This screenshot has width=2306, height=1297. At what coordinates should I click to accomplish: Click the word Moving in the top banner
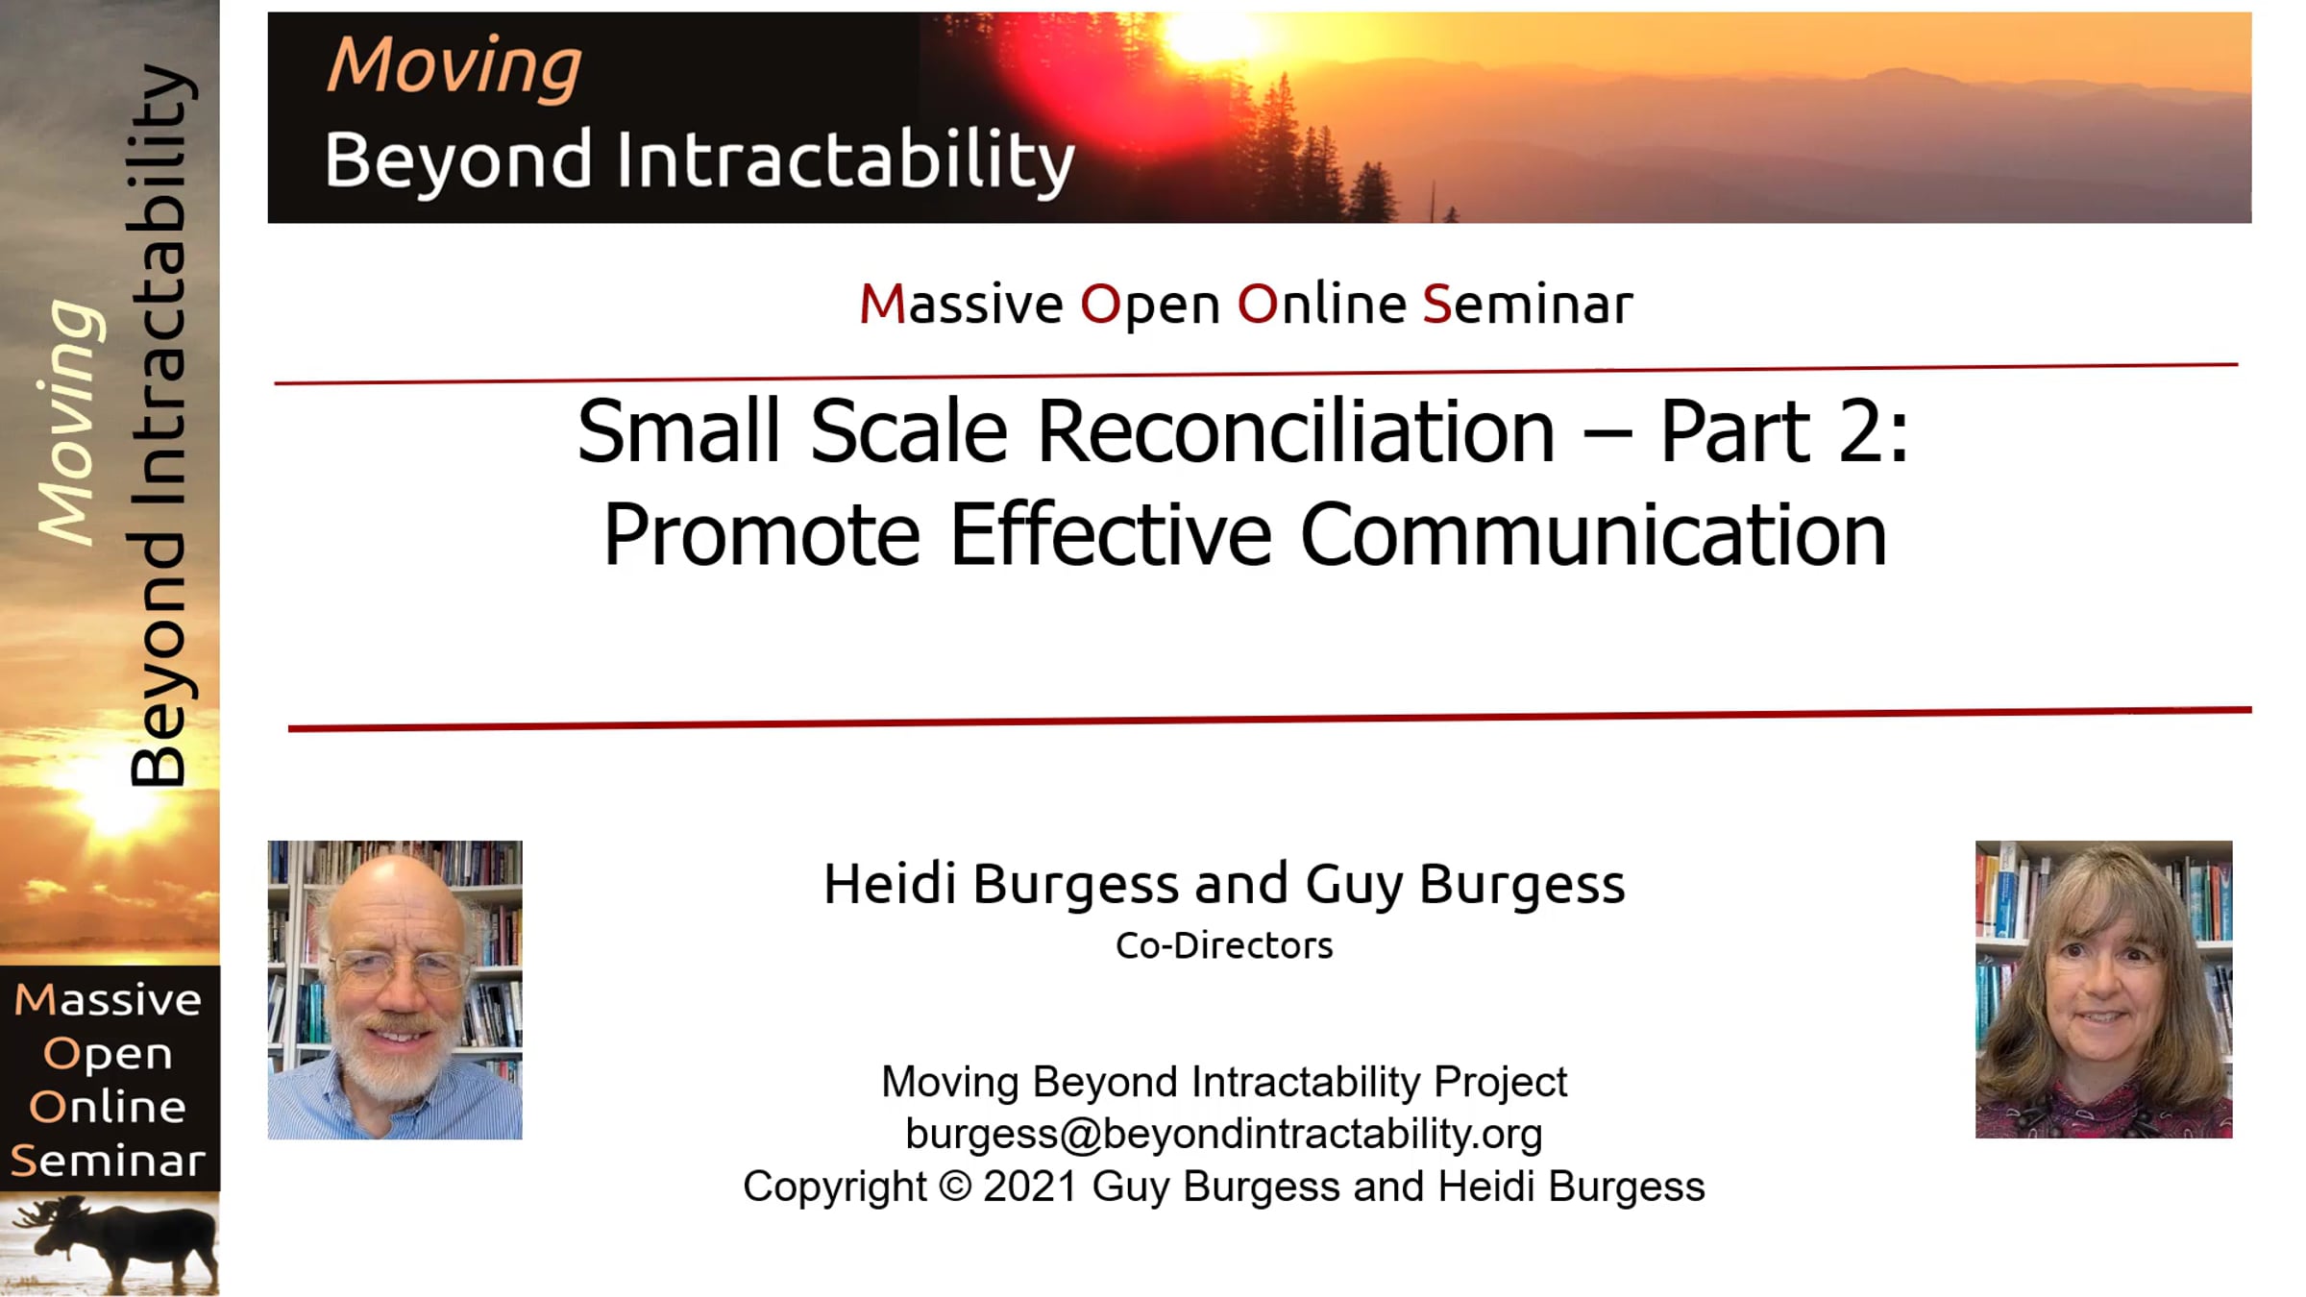(454, 66)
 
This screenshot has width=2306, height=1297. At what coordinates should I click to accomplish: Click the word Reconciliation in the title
(1296, 431)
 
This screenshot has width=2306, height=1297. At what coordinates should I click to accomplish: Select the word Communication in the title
(1594, 535)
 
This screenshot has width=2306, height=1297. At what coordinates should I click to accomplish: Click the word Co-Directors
(1224, 945)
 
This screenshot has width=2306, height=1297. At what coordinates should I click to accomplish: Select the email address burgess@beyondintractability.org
(1224, 1134)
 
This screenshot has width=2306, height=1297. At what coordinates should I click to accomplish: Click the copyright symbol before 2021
(955, 1186)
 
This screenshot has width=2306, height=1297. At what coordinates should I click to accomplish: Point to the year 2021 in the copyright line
(1030, 1186)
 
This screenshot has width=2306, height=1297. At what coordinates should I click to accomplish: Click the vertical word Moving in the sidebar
(67, 423)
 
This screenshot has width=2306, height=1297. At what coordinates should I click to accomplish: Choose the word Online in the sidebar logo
(108, 1107)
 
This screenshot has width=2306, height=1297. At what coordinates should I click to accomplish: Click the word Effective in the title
(1111, 535)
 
